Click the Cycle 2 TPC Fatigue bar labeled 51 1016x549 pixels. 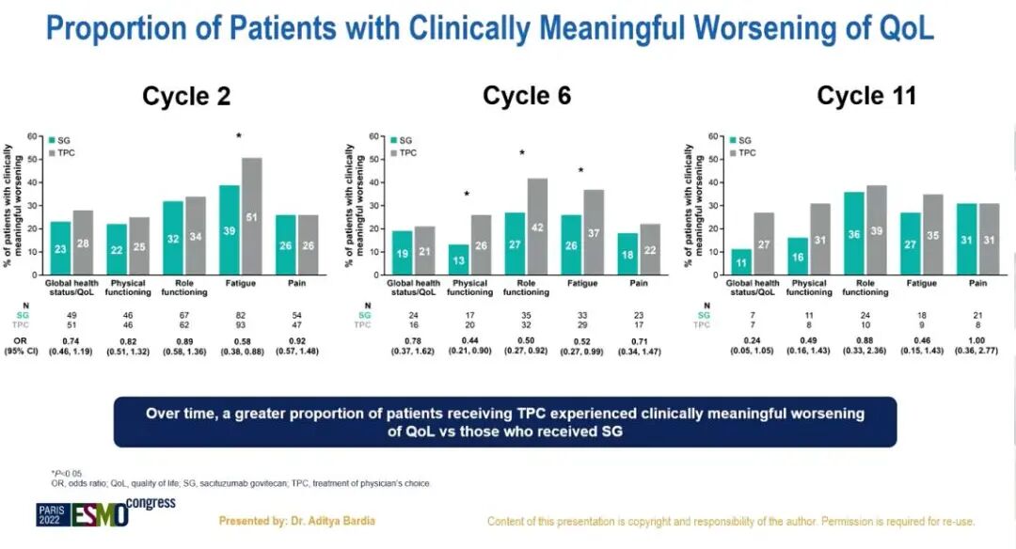pyautogui.click(x=252, y=216)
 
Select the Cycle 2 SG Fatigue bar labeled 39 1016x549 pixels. pyautogui.click(x=230, y=230)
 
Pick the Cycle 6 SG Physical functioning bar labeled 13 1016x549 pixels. pyautogui.click(x=459, y=259)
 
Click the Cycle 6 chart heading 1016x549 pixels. pyautogui.click(x=527, y=96)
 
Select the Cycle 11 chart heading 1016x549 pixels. pyautogui.click(x=866, y=96)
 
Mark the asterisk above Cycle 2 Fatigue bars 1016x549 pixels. pyautogui.click(x=239, y=137)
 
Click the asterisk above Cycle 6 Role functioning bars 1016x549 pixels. pyautogui.click(x=521, y=153)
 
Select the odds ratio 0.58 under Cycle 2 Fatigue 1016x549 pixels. pyautogui.click(x=239, y=339)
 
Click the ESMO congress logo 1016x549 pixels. pyautogui.click(x=106, y=513)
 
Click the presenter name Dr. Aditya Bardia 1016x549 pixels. pyautogui.click(x=297, y=520)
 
